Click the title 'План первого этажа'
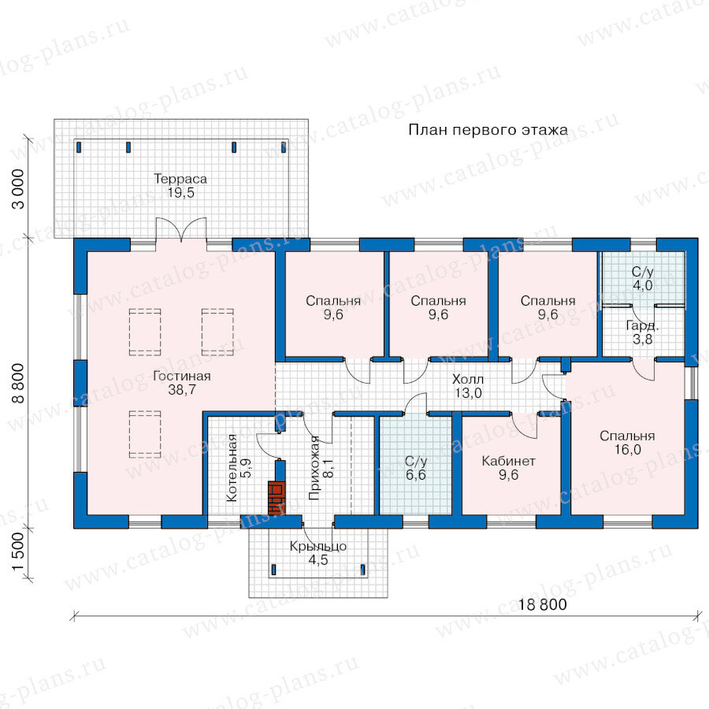488,130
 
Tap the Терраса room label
180,179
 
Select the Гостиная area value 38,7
182,390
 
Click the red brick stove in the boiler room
277,499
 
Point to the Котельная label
231,467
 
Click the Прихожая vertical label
314,467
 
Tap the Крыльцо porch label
318,546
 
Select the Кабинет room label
508,461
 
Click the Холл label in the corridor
468,379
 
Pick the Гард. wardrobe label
642,325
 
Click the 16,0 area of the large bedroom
628,450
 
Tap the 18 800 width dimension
542,604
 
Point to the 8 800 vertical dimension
19,383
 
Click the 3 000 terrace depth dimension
19,188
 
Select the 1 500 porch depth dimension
19,551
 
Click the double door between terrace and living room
181,229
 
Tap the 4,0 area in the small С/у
642,285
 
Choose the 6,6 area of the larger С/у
415,475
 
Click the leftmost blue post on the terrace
79,147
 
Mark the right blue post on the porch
362,570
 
